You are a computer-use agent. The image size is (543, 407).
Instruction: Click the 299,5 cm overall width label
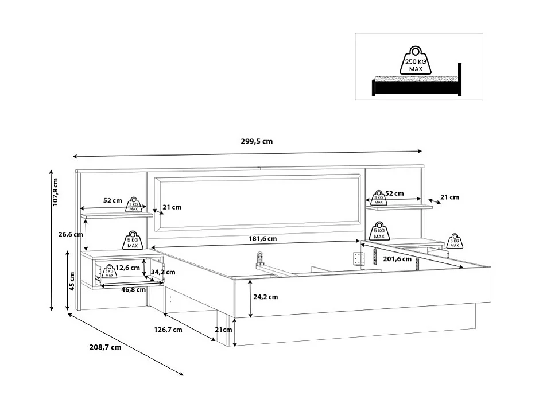pos(256,142)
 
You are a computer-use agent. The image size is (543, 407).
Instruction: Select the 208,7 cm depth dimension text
pos(106,347)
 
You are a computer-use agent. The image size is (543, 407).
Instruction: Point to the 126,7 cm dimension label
pos(168,330)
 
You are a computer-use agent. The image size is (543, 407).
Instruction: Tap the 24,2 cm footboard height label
pos(265,297)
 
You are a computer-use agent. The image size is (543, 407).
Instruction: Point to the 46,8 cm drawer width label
pos(133,290)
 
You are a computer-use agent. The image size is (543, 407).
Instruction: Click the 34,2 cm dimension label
pos(163,272)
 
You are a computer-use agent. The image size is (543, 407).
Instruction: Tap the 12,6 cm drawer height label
pos(127,268)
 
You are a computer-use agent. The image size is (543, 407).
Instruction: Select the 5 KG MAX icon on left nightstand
pos(133,240)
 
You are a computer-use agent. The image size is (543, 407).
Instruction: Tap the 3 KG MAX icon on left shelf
pos(133,203)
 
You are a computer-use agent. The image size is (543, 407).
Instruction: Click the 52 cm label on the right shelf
pos(394,193)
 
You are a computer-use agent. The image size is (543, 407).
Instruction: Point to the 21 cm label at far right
pos(449,197)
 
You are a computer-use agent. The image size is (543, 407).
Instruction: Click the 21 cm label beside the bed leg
pos(224,330)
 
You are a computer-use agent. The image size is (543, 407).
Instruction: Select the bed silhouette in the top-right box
pos(417,84)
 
